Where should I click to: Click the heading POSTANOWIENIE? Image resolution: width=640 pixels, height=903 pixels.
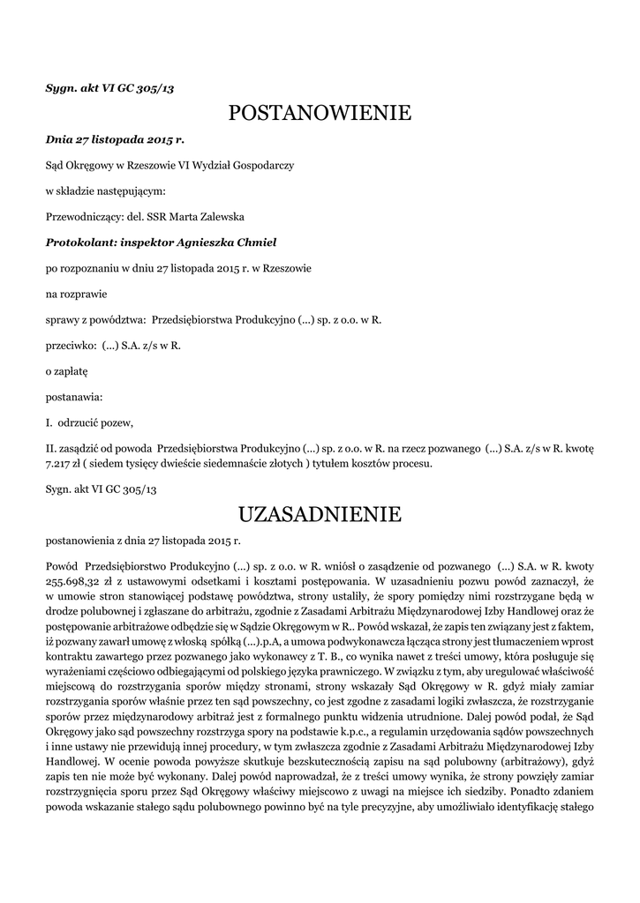point(320,113)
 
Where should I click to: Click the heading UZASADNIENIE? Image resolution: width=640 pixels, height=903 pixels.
point(320,513)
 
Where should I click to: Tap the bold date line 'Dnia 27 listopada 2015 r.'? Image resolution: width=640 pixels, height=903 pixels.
point(115,138)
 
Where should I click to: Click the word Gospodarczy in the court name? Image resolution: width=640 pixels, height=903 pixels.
point(262,165)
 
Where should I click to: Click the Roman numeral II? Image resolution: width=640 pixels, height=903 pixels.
point(50,448)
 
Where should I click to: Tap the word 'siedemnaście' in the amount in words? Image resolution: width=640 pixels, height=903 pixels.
point(244,463)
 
